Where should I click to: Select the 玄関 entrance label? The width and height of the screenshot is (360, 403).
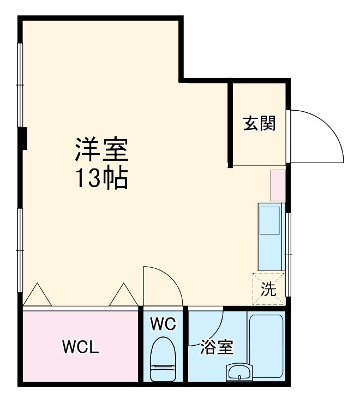pyautogui.click(x=259, y=124)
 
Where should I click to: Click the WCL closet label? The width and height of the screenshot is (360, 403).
pyautogui.click(x=80, y=347)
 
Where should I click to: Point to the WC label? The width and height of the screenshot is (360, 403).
pyautogui.click(x=163, y=324)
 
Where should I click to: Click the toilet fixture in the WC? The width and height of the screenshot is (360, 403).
pyautogui.click(x=163, y=359)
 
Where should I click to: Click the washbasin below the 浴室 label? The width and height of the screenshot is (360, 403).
pyautogui.click(x=238, y=374)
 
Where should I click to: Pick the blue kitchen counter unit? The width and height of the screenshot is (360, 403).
pyautogui.click(x=271, y=237)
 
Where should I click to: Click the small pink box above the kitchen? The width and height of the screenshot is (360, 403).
pyautogui.click(x=278, y=185)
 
